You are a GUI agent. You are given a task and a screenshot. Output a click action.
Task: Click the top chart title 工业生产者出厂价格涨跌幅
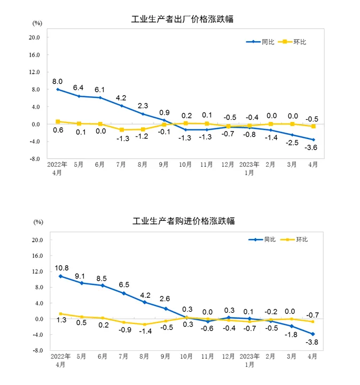(182, 19)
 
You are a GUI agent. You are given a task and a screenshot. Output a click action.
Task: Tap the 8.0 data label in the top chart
(57, 81)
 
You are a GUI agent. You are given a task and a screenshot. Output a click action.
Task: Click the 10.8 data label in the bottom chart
(61, 267)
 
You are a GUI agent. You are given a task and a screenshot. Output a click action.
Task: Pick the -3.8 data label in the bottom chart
(312, 344)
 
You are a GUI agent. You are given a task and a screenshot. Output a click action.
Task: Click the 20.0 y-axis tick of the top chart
(35, 37)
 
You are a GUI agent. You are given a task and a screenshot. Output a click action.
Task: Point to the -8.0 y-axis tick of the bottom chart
(37, 351)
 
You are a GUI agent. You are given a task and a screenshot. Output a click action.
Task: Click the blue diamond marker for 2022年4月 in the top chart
(57, 89)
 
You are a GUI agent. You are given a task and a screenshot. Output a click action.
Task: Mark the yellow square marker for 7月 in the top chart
(122, 130)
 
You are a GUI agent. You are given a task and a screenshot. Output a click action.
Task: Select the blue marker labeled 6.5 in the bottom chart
(124, 293)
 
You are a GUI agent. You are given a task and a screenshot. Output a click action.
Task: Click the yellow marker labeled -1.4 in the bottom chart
(144, 324)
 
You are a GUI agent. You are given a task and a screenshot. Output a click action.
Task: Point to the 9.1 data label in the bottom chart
(82, 276)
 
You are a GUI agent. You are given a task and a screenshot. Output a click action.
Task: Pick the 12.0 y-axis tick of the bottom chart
(37, 272)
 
